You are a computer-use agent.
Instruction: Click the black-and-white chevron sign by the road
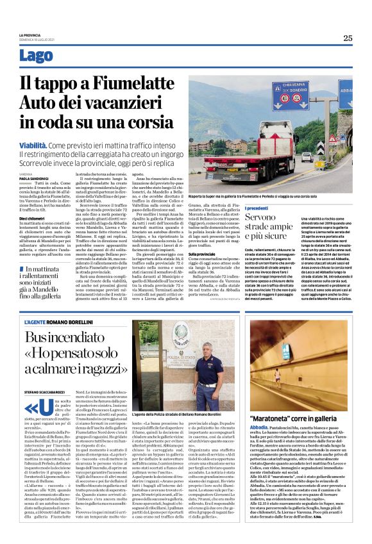[320, 149]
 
